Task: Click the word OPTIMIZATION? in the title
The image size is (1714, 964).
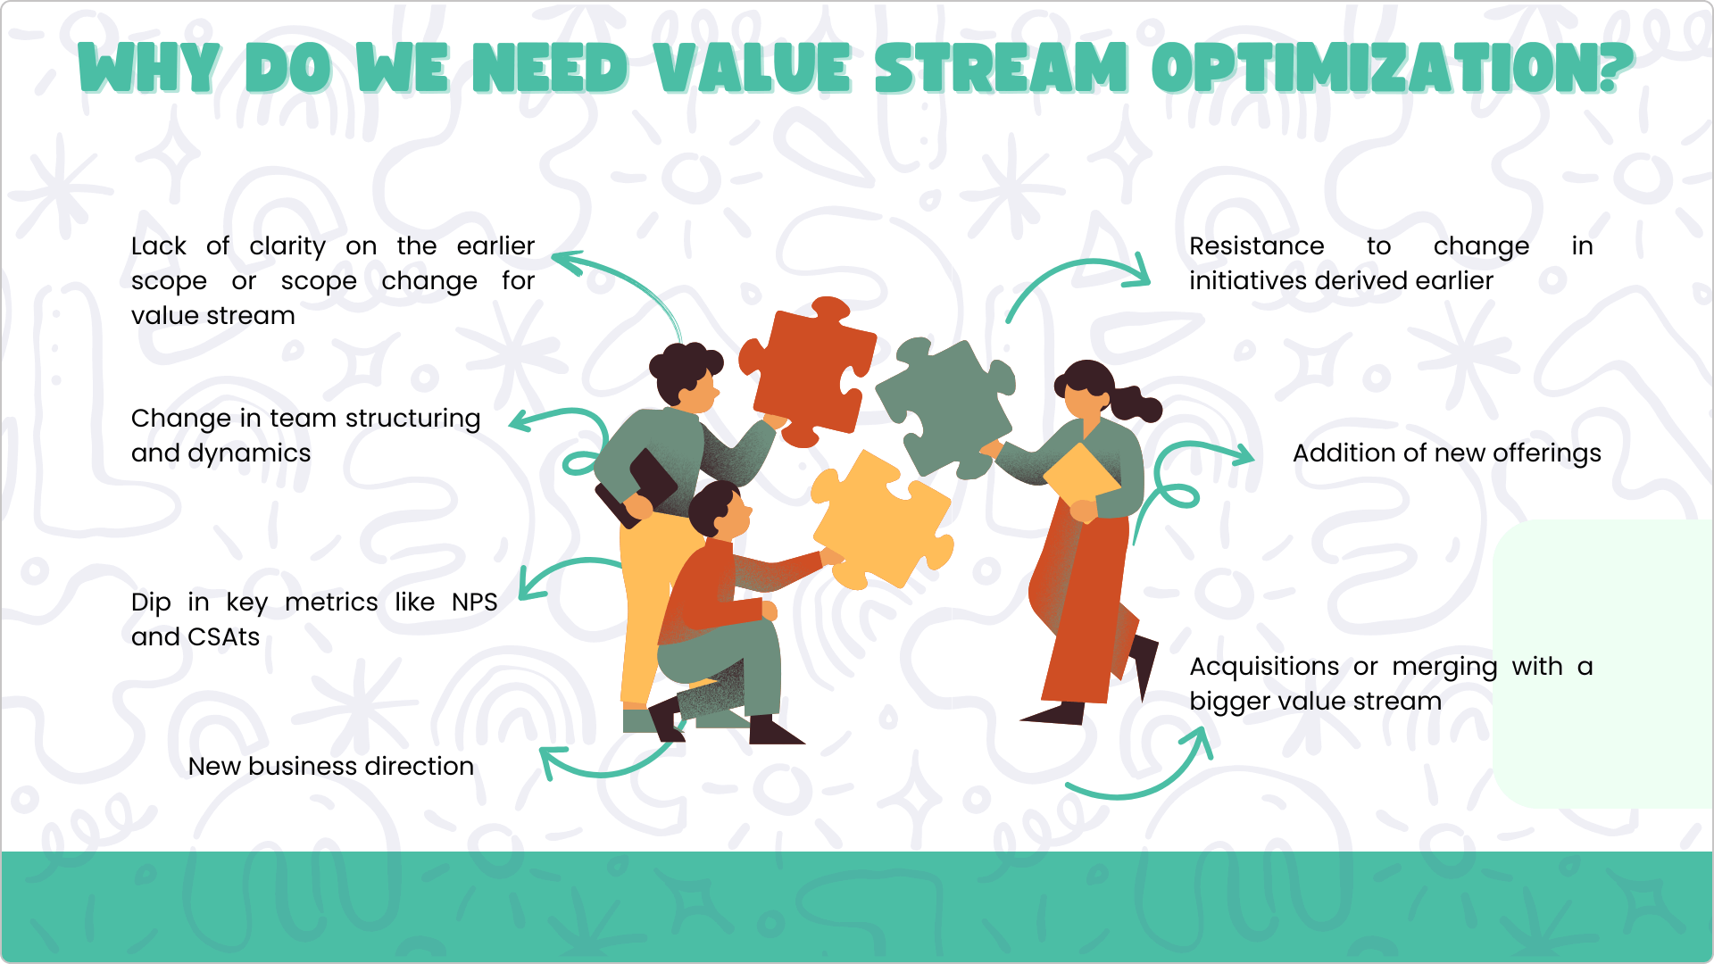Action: coord(1393,69)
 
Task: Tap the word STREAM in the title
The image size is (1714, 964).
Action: coord(1001,69)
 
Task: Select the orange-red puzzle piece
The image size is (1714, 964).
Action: coord(807,371)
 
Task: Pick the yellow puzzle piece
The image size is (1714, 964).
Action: coord(882,519)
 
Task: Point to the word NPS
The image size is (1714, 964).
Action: coord(474,602)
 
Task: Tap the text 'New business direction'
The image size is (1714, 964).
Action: coord(331,767)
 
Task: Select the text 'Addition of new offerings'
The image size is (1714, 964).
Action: coord(1447,454)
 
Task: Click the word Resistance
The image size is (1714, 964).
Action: coord(1257,246)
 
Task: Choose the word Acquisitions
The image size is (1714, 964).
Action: coord(1264,668)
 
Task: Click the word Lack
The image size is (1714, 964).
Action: coord(159,246)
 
